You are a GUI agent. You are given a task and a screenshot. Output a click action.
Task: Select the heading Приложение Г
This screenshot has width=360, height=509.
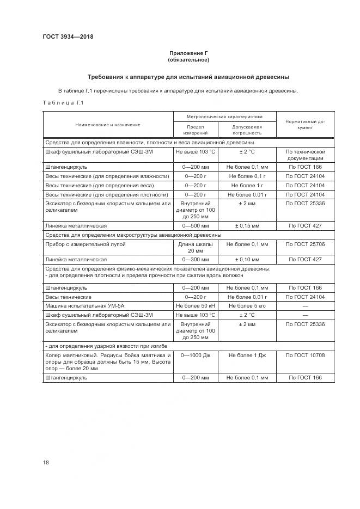pos(188,53)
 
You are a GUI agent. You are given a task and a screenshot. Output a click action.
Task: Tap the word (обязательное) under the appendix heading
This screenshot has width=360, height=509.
pos(188,60)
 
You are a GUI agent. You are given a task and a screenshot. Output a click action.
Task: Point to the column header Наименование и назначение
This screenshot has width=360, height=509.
pos(108,125)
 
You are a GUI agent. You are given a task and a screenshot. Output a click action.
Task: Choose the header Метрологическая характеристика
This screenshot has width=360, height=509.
pos(224,116)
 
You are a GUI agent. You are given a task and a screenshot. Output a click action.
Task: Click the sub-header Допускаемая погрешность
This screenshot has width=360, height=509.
pos(247,130)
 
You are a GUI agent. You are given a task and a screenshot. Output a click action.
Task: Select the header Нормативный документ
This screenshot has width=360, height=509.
pos(305,125)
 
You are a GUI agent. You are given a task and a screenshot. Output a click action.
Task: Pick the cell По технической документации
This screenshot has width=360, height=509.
pos(305,155)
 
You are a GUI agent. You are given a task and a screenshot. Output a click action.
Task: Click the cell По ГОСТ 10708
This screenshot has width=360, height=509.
pos(305,355)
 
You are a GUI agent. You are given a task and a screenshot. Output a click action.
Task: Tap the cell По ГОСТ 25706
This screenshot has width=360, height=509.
pos(305,244)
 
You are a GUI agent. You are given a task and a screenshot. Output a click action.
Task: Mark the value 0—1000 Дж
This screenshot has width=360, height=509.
pos(195,355)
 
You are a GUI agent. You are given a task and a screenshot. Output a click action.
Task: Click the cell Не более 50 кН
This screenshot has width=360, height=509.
pos(195,306)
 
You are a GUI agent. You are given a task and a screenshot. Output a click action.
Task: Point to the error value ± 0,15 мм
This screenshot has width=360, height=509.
pos(247,225)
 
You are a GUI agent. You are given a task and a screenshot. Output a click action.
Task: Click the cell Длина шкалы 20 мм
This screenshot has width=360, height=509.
pos(195,248)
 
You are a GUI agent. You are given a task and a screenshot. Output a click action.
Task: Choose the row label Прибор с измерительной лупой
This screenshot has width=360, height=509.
pos(86,244)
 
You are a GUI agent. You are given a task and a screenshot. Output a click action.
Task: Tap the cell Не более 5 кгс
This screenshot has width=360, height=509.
pos(247,306)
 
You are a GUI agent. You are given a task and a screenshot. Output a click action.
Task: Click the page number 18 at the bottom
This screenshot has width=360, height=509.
pos(46,462)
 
